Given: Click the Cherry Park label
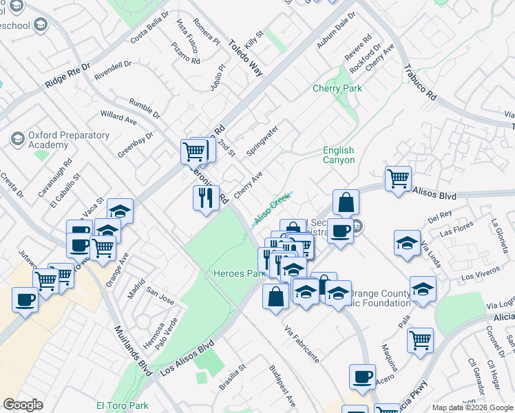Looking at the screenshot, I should click(x=337, y=88).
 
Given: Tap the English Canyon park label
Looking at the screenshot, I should click(x=339, y=156).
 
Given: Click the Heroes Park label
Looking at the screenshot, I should click(x=238, y=273).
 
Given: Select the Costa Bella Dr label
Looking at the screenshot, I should click(x=149, y=25).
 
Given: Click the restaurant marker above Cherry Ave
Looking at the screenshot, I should click(x=206, y=198).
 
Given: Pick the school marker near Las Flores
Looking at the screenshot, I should click(x=407, y=243).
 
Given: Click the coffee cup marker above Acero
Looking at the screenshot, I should click(x=362, y=377).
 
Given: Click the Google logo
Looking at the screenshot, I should click(x=23, y=405).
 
